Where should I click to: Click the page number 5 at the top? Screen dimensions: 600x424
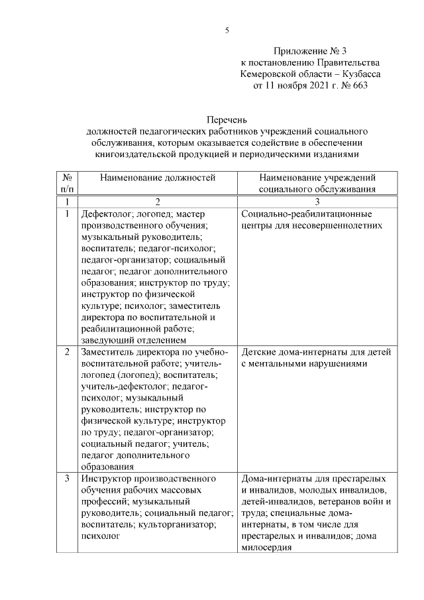[226, 30]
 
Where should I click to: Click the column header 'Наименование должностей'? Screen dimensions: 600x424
[158, 178]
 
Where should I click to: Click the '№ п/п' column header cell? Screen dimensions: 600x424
[67, 183]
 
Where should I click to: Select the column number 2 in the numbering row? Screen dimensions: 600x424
[158, 201]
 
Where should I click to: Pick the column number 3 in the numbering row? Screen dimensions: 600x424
[317, 201]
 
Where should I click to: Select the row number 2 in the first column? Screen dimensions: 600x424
[67, 352]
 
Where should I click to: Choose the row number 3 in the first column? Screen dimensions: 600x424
[67, 479]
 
